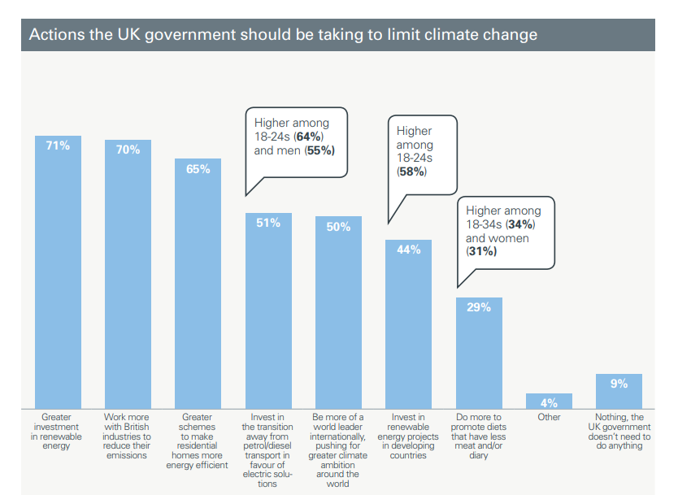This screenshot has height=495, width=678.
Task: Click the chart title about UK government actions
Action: pos(283,35)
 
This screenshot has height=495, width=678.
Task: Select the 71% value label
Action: pos(58,145)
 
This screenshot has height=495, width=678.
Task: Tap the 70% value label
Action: pos(128,150)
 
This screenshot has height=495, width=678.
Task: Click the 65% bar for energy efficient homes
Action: pos(198,293)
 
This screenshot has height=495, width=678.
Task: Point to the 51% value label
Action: pos(268,222)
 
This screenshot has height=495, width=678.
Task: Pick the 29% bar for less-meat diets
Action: pos(479,358)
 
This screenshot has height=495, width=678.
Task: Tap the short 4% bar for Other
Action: pos(549,402)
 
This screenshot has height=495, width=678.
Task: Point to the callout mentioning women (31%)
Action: pos(504,231)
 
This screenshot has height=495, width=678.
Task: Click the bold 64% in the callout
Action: pos(311,137)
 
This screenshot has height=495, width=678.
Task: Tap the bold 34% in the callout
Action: pos(520,224)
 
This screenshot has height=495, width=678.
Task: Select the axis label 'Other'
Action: pos(549,418)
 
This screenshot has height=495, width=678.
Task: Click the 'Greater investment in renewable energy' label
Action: pos(58,432)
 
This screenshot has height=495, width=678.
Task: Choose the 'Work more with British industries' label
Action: pos(128,436)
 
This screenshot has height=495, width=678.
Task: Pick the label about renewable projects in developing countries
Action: pos(408,436)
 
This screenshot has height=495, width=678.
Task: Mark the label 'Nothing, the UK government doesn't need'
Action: pos(619,432)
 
